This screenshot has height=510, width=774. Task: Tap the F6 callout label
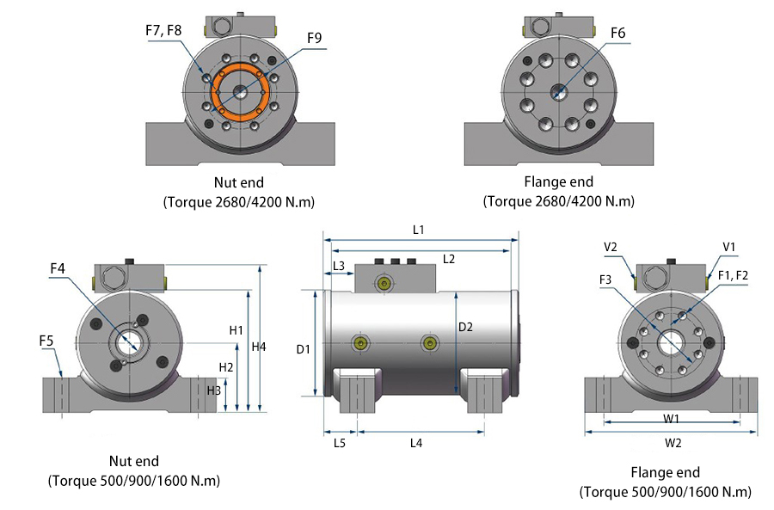click(x=618, y=34)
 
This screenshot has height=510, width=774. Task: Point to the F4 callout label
click(x=58, y=269)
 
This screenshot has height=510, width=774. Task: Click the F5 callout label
click(x=48, y=341)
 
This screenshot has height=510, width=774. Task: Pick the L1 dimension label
click(x=419, y=230)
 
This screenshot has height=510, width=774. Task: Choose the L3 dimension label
click(x=339, y=266)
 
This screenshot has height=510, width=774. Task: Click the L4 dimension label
click(x=416, y=443)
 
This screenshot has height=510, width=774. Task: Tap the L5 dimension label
click(x=339, y=443)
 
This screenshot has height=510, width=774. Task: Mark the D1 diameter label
click(x=303, y=349)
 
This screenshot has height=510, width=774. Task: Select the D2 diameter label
click(x=465, y=327)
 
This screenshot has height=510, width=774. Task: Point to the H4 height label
click(x=261, y=347)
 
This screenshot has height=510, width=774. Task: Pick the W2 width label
click(x=673, y=443)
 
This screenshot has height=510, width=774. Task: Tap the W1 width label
click(x=673, y=420)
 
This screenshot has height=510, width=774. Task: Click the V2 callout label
click(x=611, y=247)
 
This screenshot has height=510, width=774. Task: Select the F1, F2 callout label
click(x=734, y=274)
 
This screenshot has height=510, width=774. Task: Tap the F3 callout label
click(x=606, y=279)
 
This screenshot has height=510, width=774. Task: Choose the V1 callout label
click(x=729, y=247)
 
